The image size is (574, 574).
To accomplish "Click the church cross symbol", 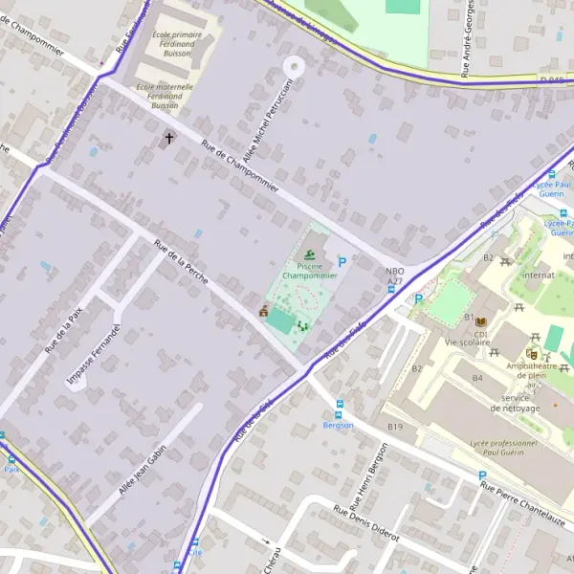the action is point(169,139).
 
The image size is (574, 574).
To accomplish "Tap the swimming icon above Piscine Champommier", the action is point(309,254).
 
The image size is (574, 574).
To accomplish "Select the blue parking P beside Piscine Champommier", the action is point(342,261).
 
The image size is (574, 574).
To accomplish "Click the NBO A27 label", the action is point(395,276).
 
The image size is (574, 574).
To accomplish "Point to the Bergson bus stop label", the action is point(338,425).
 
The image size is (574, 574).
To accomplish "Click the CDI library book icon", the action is point(481,320).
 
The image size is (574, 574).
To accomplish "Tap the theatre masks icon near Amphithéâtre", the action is point(532,352).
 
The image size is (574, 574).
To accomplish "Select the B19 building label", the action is point(395,427).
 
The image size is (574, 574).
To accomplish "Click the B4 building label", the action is point(477,378).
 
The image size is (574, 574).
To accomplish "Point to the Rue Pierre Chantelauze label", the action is point(525,504).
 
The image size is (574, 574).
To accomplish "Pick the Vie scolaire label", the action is point(468,342).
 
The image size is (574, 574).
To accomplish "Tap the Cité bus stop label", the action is point(196,552).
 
